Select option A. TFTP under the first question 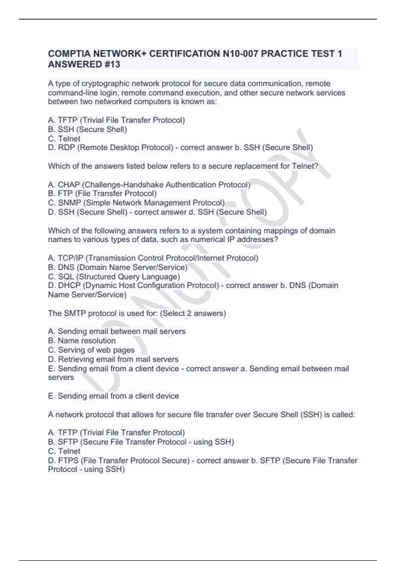tap(116, 120)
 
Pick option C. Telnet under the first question tap(64, 139)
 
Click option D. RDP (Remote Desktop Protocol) tap(111, 148)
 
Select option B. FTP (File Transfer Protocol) tap(102, 193)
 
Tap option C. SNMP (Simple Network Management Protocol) tap(136, 203)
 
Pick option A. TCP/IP tap(153, 258)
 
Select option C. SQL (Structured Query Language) tap(114, 277)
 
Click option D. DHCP tap(133, 285)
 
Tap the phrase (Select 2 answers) tap(193, 313)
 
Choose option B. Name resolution tap(82, 341)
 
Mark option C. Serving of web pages tap(91, 350)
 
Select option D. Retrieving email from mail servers tap(113, 359)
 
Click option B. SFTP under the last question tap(141, 442)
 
